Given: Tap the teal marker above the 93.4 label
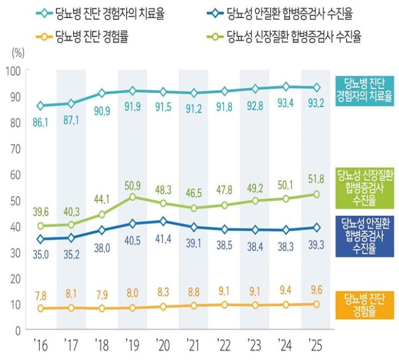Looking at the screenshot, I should coord(286,87).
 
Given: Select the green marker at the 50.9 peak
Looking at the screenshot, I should coord(133,197).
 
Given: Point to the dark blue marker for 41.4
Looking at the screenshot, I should coord(163,221).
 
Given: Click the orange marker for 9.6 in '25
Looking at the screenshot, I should coord(316,304).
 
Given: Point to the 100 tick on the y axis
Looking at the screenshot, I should coord(13,71).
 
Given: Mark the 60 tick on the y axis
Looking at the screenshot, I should coord(13,175).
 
